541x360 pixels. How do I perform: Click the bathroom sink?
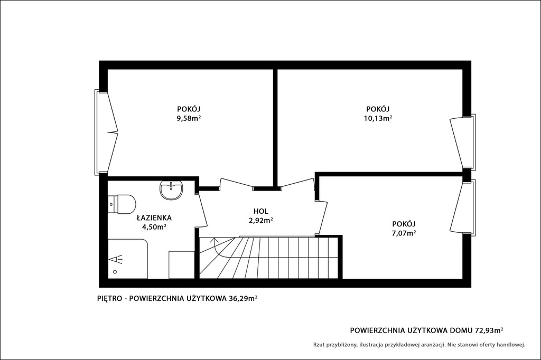tap(172, 190)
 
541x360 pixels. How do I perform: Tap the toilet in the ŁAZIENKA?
tap(122, 204)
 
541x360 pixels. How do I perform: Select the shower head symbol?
tap(115, 259)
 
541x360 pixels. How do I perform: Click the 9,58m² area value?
tap(189, 118)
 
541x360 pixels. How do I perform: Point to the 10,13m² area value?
tap(378, 118)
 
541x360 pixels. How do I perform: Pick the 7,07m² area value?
tap(403, 233)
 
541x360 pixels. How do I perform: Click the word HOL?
tap(260, 211)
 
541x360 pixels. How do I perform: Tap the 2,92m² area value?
tap(261, 220)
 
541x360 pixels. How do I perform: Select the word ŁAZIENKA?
tap(154, 217)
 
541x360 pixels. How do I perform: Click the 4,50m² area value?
tap(154, 226)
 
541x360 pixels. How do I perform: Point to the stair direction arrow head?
tap(214, 239)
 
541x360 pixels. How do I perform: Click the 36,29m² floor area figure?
tap(243, 299)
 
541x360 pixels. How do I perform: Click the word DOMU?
tap(461, 330)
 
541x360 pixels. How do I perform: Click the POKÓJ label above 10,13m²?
tap(378, 109)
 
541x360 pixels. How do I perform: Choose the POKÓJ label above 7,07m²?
tap(403, 223)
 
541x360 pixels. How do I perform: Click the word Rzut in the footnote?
tap(319, 344)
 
